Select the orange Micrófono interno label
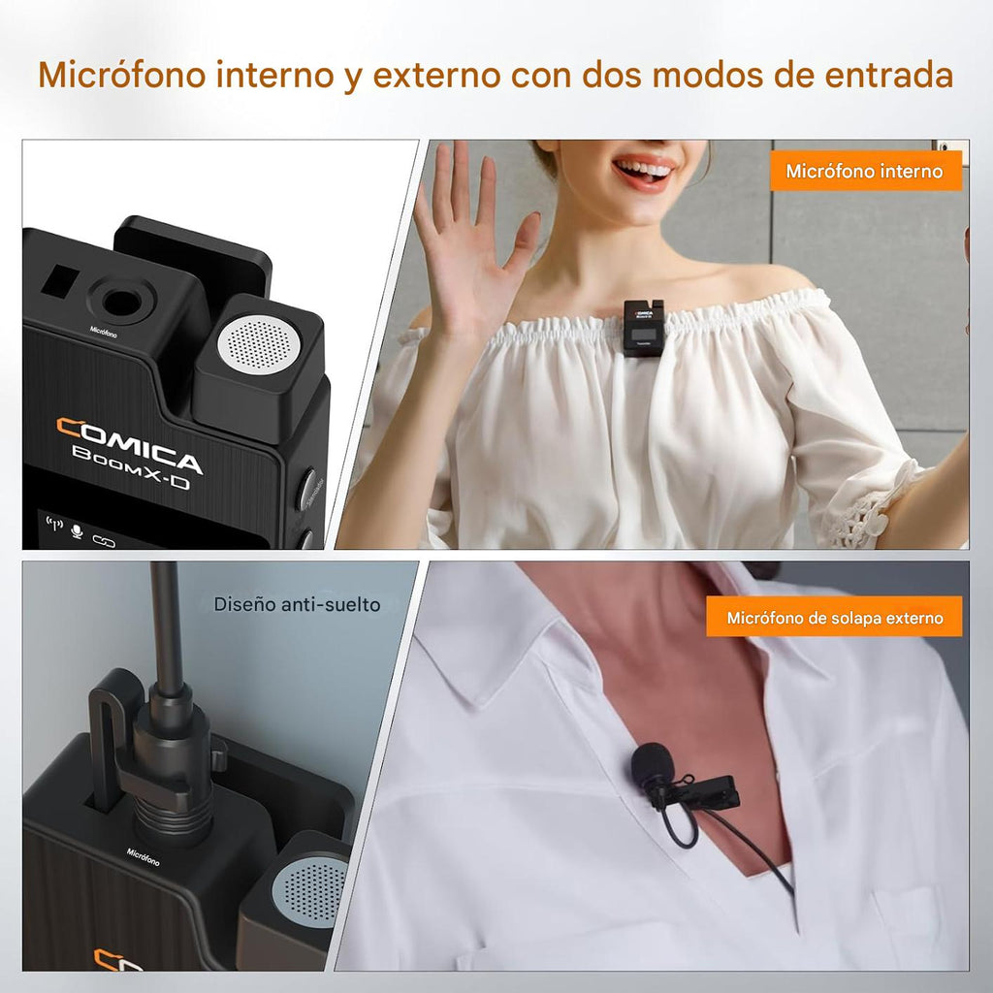pos(864,172)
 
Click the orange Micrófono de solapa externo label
pos(834,618)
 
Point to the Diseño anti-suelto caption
pos(297,605)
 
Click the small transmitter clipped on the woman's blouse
pos(643,327)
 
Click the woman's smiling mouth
pos(645,173)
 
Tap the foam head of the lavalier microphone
pos(652,764)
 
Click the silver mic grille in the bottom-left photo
pos(312,889)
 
